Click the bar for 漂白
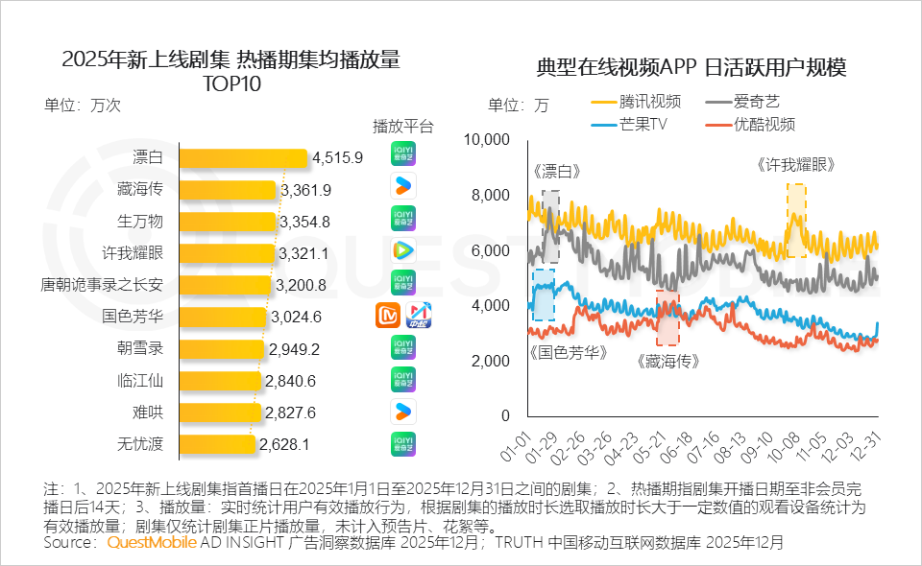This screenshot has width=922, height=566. coord(242,157)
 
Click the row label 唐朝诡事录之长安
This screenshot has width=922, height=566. coord(102,285)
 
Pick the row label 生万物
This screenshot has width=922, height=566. coord(140,222)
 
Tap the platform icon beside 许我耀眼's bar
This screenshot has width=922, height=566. coord(403,250)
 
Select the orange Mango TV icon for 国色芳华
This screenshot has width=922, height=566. coord(388,315)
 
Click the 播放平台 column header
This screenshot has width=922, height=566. coord(403,127)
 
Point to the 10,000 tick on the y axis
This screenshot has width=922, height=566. coord(486,140)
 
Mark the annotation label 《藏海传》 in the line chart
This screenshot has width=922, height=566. coord(667,362)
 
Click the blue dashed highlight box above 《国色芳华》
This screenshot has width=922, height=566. coord(544,295)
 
